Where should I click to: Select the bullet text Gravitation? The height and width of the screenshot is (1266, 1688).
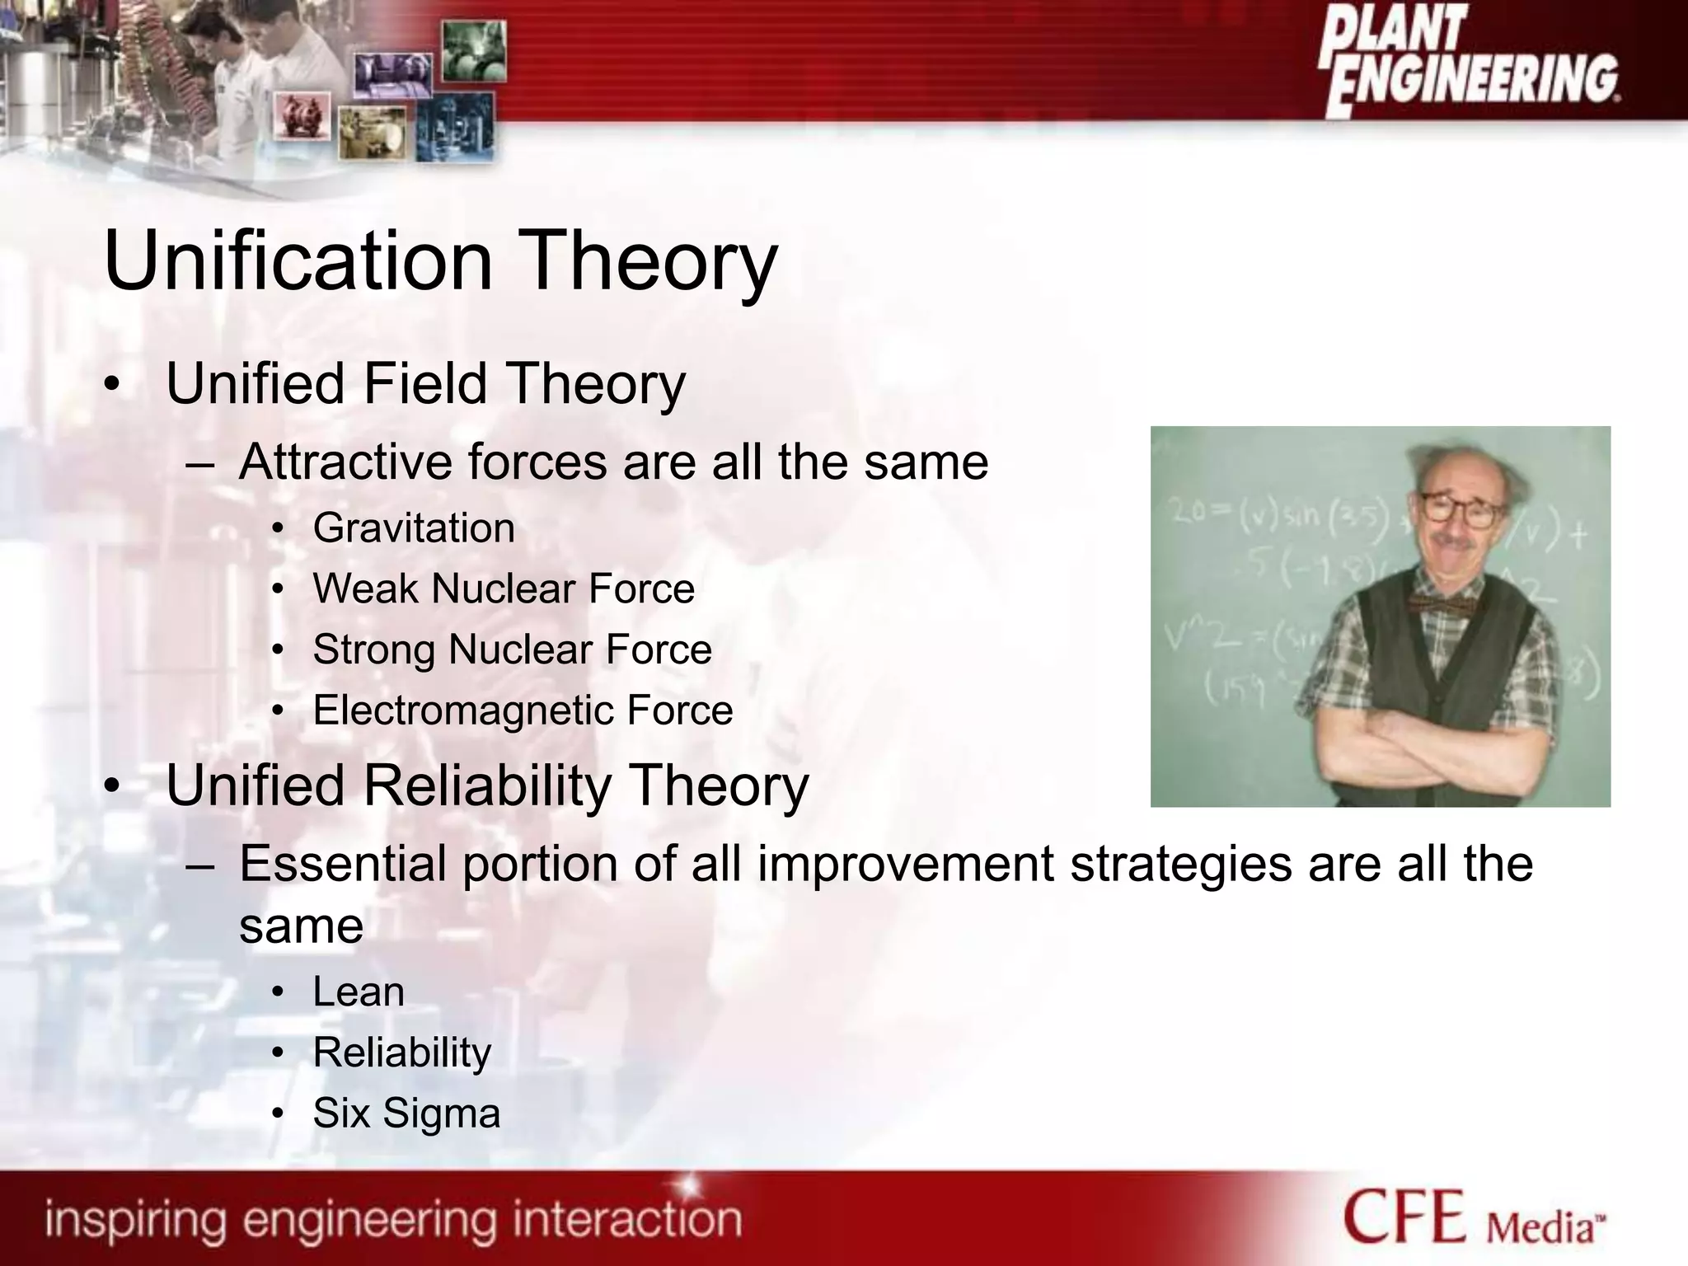pos(414,528)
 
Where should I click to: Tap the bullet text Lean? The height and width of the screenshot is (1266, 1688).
pos(359,992)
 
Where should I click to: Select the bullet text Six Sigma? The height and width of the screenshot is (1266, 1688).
pos(406,1114)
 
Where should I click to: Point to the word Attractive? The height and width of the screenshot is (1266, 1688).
pos(345,462)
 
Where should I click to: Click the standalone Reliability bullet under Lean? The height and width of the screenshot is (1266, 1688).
pos(401,1053)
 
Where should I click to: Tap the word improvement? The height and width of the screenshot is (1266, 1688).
pos(905,864)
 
